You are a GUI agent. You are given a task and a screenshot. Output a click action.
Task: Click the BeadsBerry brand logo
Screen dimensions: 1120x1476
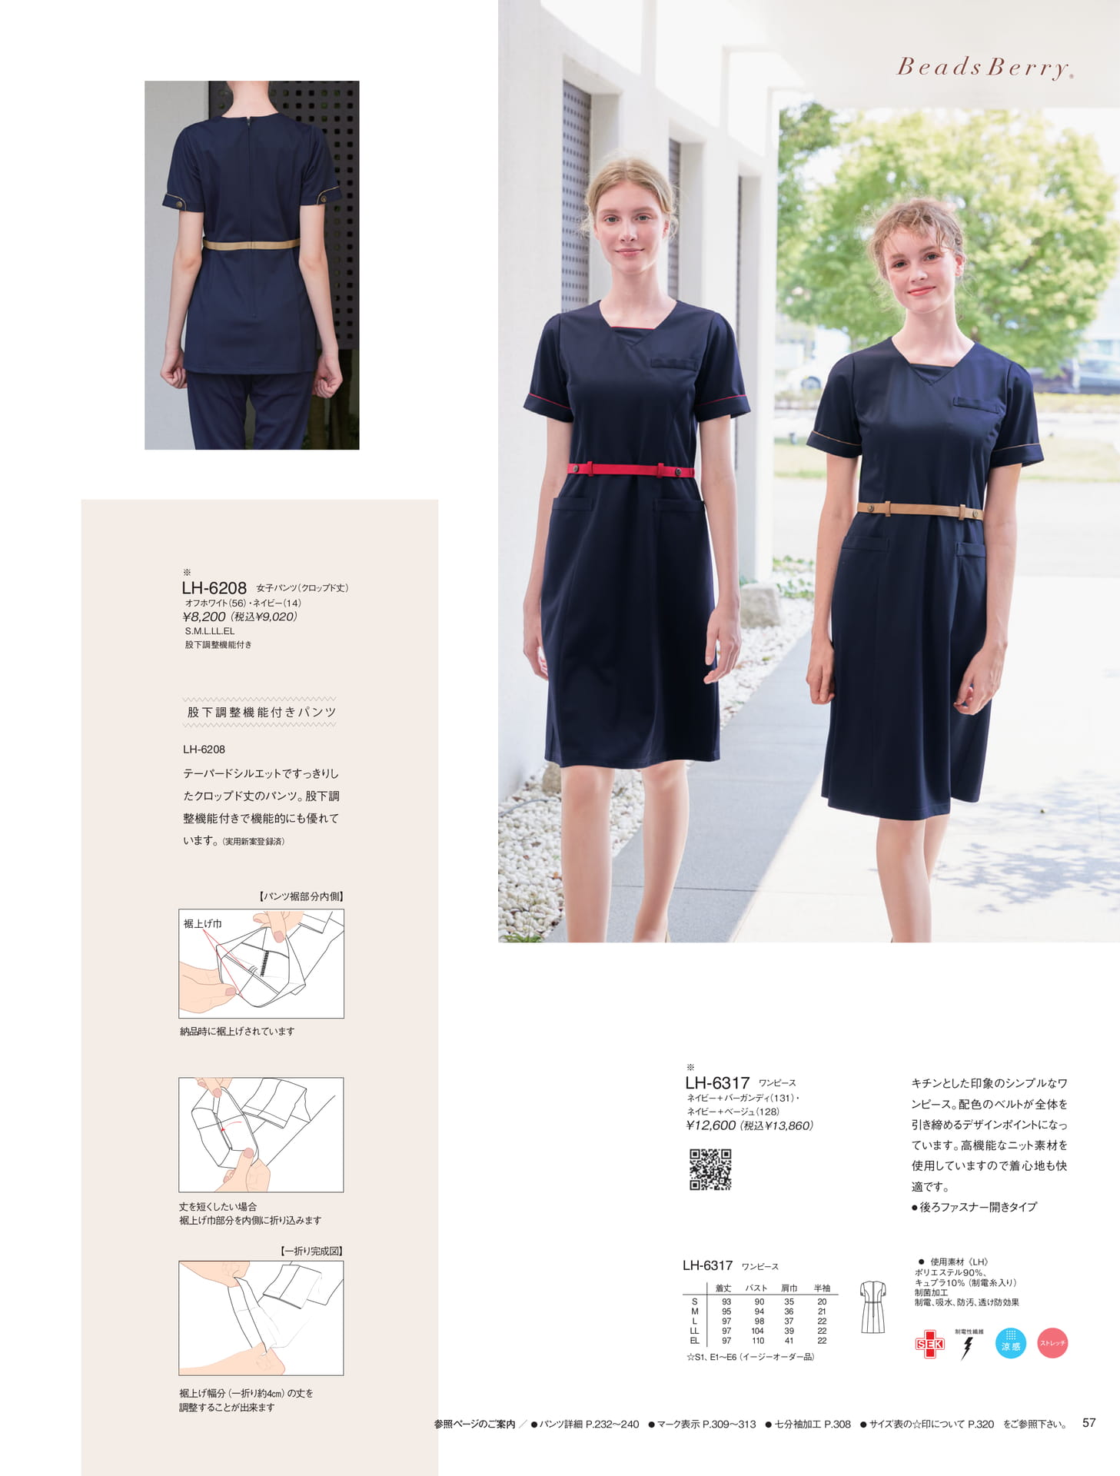pyautogui.click(x=985, y=68)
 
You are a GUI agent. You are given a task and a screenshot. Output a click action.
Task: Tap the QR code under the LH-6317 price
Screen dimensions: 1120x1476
pyautogui.click(x=710, y=1169)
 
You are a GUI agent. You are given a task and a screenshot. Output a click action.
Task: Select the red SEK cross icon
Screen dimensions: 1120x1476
pyautogui.click(x=929, y=1344)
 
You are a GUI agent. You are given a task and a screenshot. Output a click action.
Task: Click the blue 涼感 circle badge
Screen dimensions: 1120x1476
pyautogui.click(x=1011, y=1343)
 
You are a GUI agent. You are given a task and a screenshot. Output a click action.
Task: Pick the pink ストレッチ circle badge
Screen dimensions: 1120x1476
pyautogui.click(x=1052, y=1343)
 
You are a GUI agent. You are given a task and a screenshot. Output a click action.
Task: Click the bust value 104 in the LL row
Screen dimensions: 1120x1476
pyautogui.click(x=758, y=1331)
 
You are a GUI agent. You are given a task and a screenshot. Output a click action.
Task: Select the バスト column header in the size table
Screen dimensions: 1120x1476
pyautogui.click(x=756, y=1288)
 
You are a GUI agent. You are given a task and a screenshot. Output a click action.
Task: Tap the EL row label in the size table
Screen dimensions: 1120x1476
pyautogui.click(x=695, y=1341)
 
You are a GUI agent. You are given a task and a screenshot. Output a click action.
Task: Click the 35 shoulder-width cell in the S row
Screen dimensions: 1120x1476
pyautogui.click(x=789, y=1301)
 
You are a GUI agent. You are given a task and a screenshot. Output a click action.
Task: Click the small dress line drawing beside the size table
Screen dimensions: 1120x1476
pyautogui.click(x=872, y=1306)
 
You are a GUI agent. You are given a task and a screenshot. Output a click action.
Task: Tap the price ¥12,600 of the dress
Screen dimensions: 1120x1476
pyautogui.click(x=711, y=1125)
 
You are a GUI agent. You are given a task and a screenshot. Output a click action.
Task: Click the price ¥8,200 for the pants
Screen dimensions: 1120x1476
pyautogui.click(x=204, y=617)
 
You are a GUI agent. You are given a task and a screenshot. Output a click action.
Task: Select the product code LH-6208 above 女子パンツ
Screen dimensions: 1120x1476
pyautogui.click(x=214, y=588)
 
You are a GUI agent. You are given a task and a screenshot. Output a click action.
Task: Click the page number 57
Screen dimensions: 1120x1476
pyautogui.click(x=1088, y=1423)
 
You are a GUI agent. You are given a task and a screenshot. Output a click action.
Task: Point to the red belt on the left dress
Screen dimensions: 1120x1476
pyautogui.click(x=631, y=470)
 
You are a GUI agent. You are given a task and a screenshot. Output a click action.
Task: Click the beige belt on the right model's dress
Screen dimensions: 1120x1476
pyautogui.click(x=919, y=509)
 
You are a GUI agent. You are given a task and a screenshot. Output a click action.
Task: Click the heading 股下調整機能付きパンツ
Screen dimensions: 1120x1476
pyautogui.click(x=261, y=713)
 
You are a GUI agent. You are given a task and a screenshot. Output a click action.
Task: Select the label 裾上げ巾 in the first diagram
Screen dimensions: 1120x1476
pyautogui.click(x=202, y=923)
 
